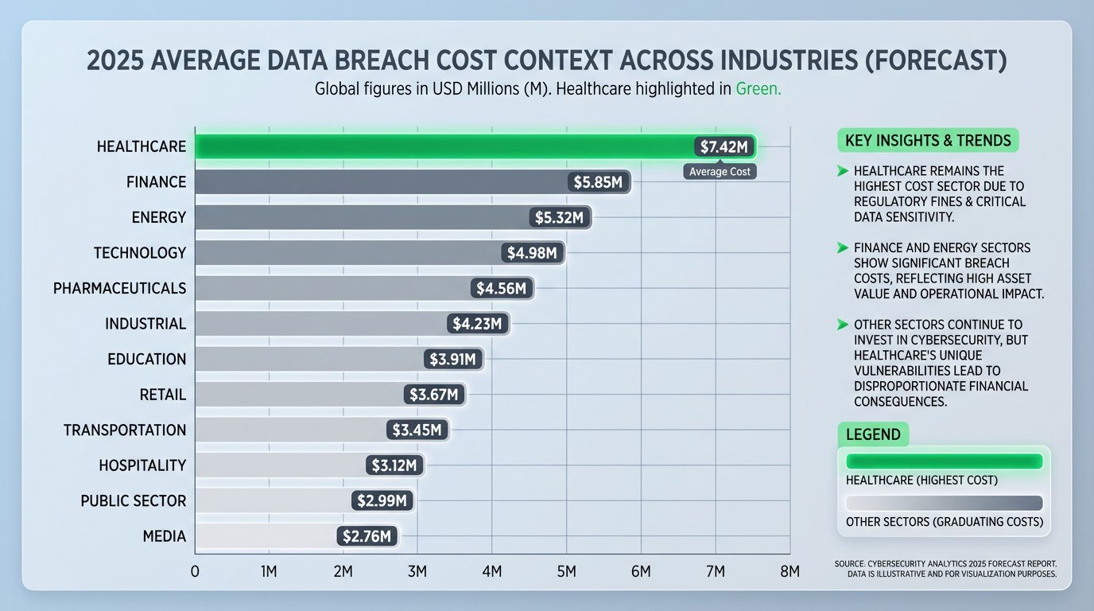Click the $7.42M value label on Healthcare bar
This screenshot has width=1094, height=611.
[724, 147]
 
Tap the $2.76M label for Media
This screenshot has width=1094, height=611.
[367, 536]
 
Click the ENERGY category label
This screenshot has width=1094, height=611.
[159, 217]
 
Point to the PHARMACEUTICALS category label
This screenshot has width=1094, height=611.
[119, 288]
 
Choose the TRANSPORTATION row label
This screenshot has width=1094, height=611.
[125, 430]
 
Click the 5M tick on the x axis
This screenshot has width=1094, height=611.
[566, 571]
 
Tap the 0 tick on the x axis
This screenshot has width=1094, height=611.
[195, 571]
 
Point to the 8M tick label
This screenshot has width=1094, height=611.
[789, 571]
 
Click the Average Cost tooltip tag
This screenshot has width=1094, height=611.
[720, 171]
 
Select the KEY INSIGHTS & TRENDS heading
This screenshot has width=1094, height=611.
[928, 141]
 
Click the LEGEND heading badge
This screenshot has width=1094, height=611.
[873, 434]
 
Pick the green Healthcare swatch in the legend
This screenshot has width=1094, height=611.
[944, 461]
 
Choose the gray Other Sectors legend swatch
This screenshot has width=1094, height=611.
[944, 503]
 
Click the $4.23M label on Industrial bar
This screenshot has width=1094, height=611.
[477, 324]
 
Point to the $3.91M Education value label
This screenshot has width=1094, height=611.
[452, 360]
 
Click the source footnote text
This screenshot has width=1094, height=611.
[945, 569]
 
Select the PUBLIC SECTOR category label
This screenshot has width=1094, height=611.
[134, 501]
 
